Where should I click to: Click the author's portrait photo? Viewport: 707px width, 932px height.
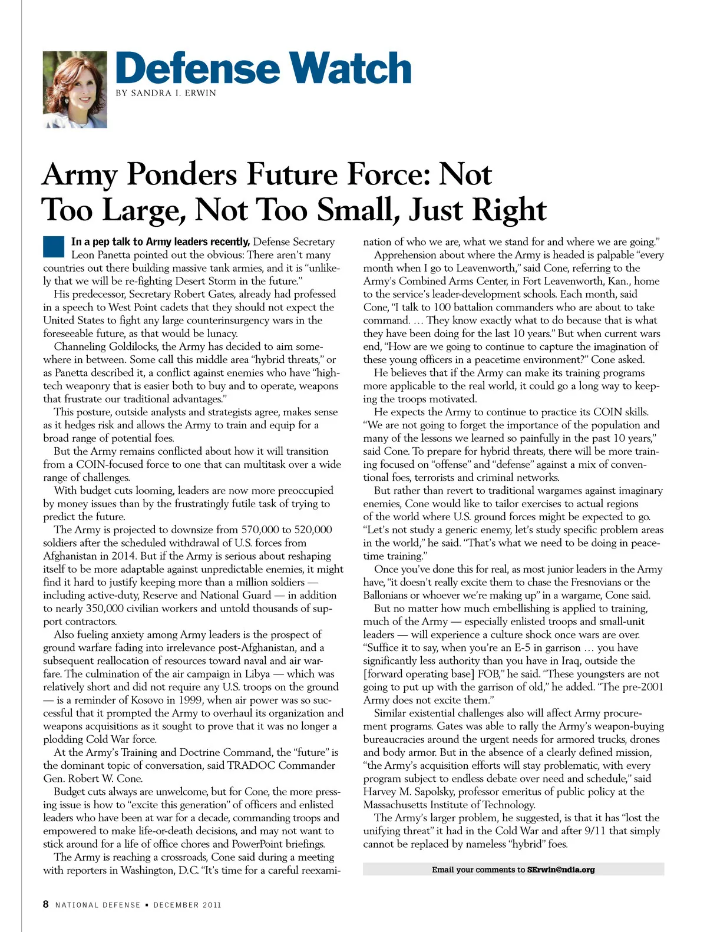pos(75,89)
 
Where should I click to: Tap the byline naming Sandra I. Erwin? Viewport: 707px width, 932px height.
pos(166,93)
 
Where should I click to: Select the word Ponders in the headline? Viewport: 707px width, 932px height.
pos(183,174)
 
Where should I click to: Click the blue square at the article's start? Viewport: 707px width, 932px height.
pos(53,246)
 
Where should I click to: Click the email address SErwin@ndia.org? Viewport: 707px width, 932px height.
pos(561,870)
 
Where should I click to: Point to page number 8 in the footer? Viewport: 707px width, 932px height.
pos(46,904)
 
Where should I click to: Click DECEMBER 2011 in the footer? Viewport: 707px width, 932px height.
pos(187,905)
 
